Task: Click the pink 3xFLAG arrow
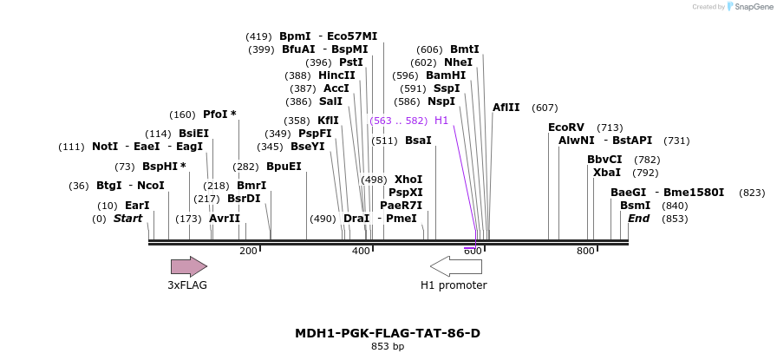[x=188, y=266]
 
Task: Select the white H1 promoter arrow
[x=455, y=266]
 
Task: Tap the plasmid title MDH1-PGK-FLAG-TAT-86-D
[x=388, y=333]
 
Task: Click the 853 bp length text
[x=388, y=347]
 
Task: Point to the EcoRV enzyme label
[x=566, y=128]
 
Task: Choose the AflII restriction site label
[x=506, y=108]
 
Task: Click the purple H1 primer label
[x=441, y=121]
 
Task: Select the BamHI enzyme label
[x=446, y=75]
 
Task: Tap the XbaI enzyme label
[x=607, y=173]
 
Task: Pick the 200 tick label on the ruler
[x=248, y=252]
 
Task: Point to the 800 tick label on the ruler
[x=585, y=252]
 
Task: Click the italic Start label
[x=127, y=219]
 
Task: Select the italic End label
[x=639, y=219]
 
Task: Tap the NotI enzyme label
[x=105, y=147]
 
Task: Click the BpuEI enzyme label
[x=284, y=167]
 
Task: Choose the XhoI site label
[x=408, y=180]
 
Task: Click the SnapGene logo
[x=747, y=6]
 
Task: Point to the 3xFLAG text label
[x=187, y=285]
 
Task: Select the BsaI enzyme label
[x=418, y=141]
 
